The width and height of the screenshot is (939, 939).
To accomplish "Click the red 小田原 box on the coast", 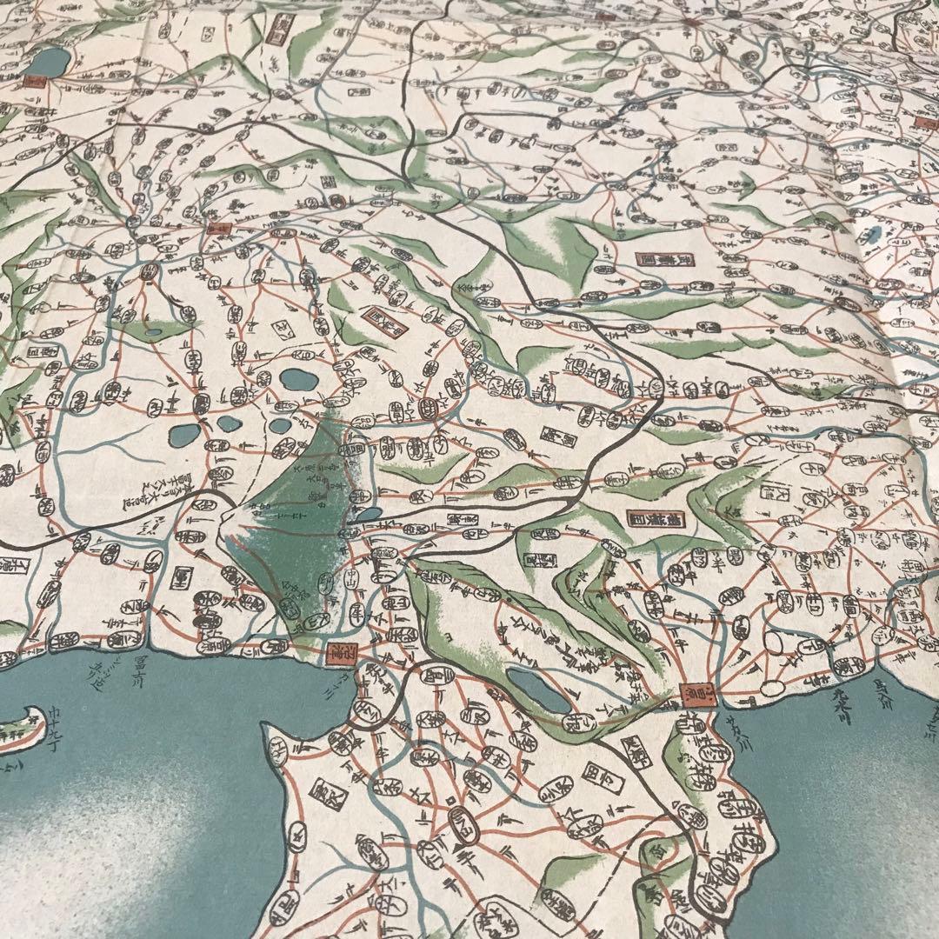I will click(688, 693).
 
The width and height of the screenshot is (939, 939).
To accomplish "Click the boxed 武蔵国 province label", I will click(658, 258).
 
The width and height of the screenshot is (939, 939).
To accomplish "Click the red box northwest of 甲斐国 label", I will click(216, 230).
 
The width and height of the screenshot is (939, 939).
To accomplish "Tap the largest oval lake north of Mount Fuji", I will click(297, 379).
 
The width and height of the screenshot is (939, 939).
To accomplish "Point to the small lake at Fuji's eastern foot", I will click(369, 514).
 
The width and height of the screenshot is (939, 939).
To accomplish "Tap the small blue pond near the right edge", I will click(873, 233).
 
